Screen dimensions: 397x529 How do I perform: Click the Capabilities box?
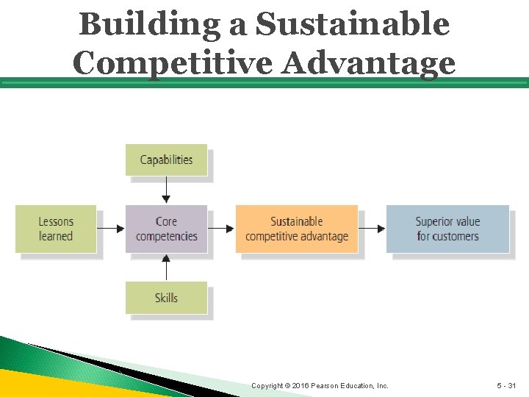(x=166, y=160)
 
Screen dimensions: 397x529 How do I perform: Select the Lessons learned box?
(x=56, y=229)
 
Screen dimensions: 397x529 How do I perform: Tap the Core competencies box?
(x=166, y=229)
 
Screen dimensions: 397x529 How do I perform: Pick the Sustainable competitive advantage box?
(x=297, y=229)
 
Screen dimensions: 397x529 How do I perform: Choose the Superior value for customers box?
(x=447, y=229)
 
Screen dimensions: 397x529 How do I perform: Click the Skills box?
(x=166, y=298)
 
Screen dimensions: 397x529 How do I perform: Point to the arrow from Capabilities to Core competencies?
(x=166, y=190)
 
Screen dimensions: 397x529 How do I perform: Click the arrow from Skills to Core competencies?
(x=166, y=268)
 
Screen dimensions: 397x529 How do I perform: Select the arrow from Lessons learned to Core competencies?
(x=111, y=229)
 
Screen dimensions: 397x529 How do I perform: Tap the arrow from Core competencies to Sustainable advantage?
(x=222, y=229)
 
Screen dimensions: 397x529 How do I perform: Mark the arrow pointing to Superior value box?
(x=372, y=229)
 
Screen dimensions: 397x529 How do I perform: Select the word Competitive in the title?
(x=173, y=62)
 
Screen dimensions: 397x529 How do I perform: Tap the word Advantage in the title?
(x=370, y=62)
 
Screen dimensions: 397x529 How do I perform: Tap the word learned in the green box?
(x=56, y=236)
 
